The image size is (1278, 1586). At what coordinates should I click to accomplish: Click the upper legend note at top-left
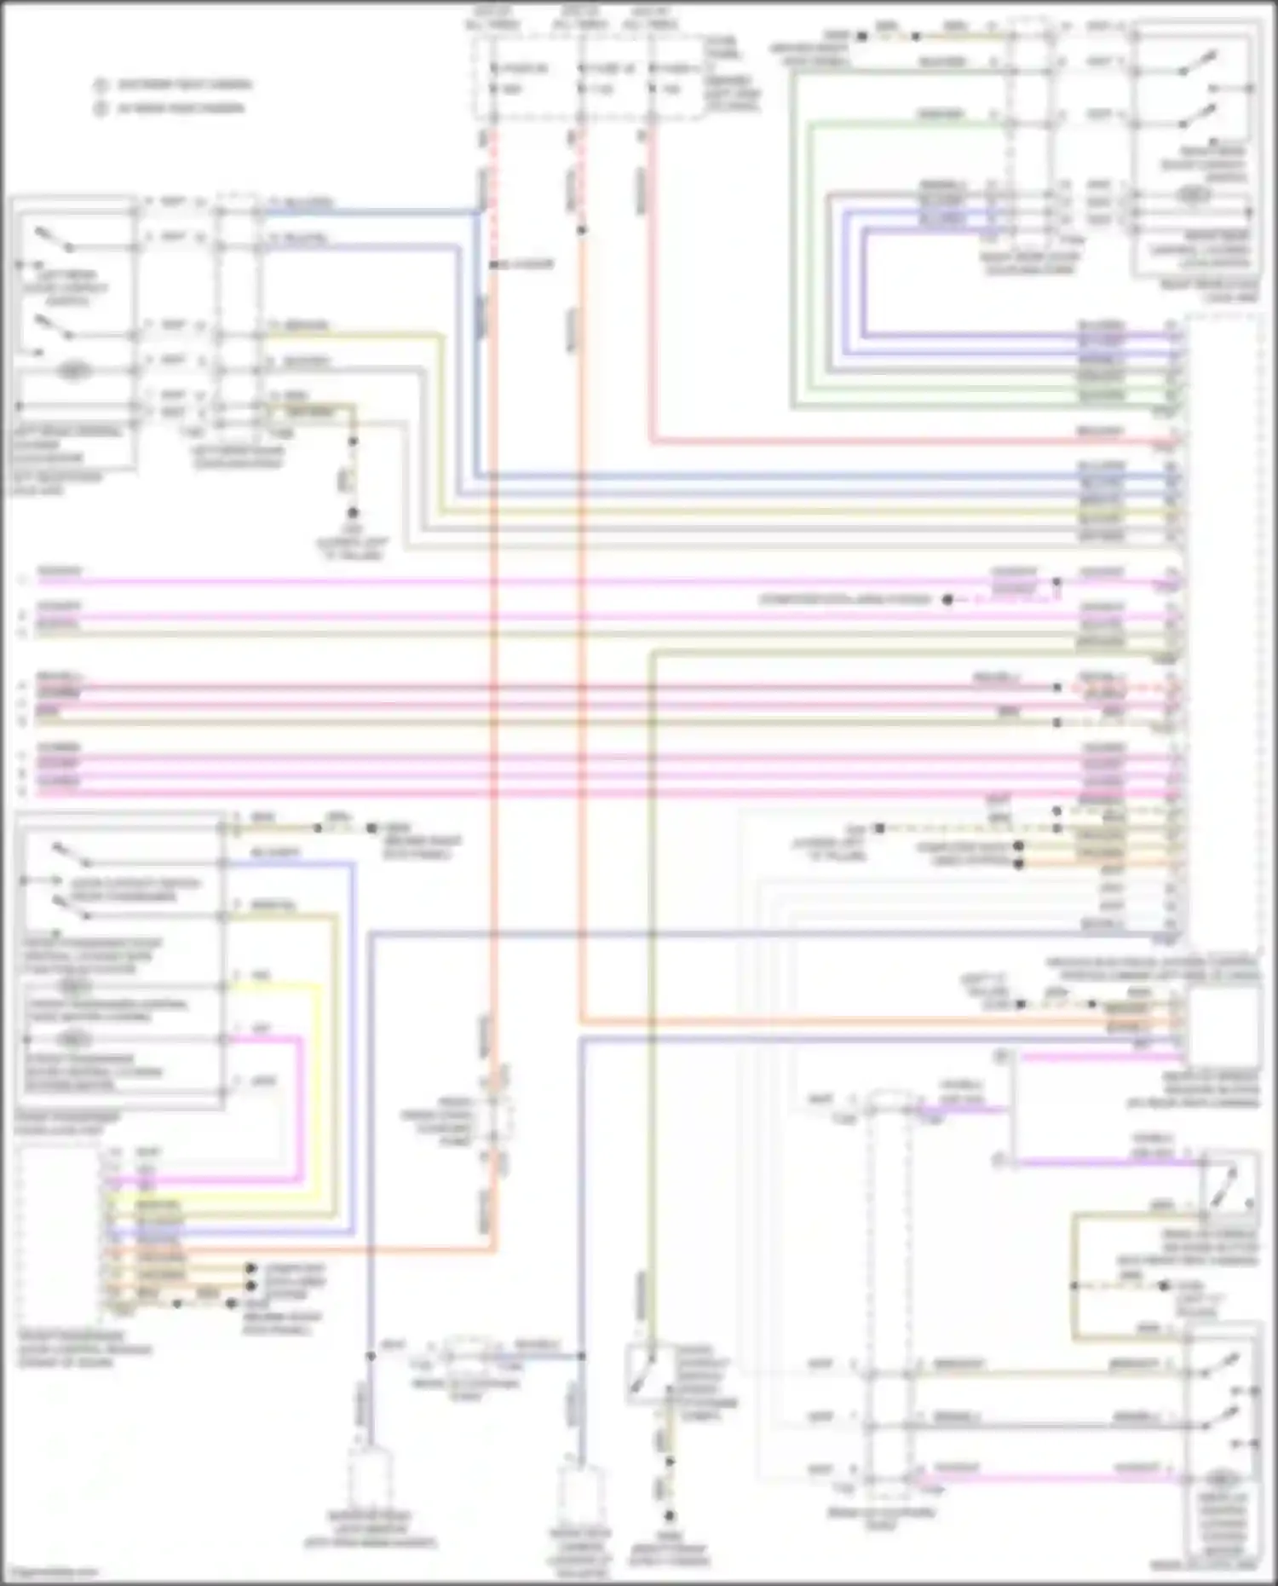point(175,84)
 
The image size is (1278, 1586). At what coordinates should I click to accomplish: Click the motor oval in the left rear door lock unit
point(74,372)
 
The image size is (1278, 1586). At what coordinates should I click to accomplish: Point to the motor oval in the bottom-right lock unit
point(1222,1476)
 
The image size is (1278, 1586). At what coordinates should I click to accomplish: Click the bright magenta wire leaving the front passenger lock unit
point(301,1108)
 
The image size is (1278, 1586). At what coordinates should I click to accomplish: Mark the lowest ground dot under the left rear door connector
point(352,513)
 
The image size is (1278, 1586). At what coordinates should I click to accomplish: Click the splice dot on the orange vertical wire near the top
point(581,230)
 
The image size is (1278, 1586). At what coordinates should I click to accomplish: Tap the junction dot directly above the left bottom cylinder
point(371,1355)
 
